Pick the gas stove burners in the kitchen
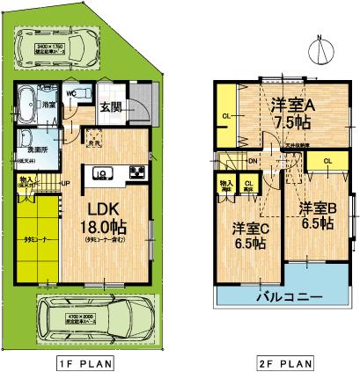pyautogui.click(x=136, y=172)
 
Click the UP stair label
pyautogui.click(x=65, y=183)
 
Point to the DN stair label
pyautogui.click(x=253, y=161)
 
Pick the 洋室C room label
pyautogui.click(x=250, y=228)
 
